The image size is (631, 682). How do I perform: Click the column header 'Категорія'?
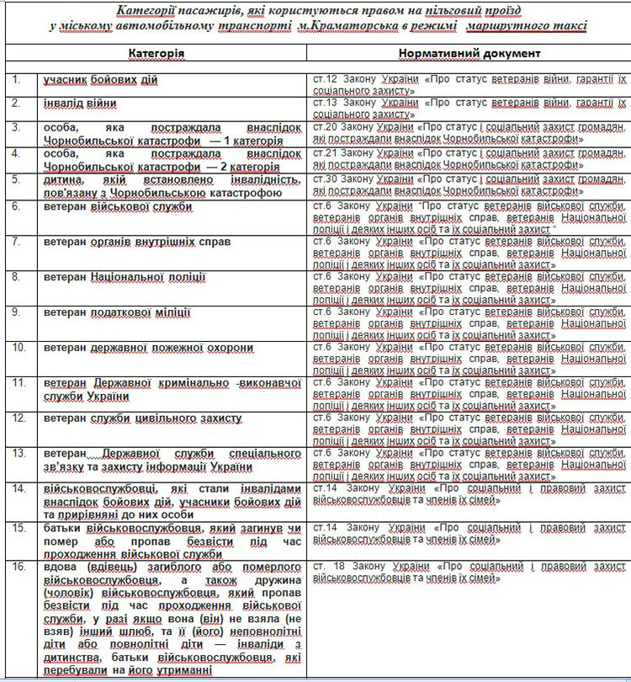pyautogui.click(x=156, y=53)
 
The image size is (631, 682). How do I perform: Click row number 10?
pyautogui.click(x=19, y=347)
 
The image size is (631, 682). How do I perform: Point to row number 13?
pyautogui.click(x=19, y=453)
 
